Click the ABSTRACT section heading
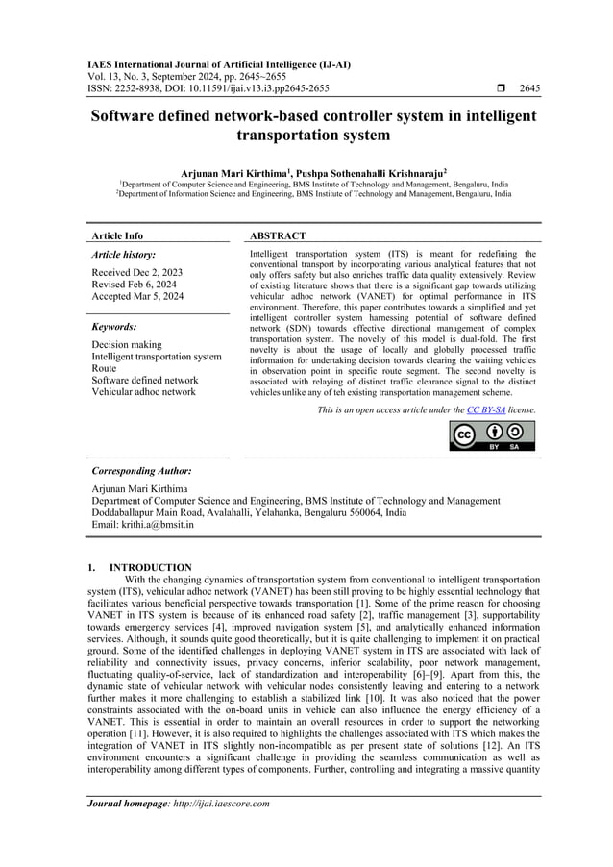click(278, 235)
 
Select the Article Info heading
click(117, 235)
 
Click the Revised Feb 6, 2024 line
click(134, 285)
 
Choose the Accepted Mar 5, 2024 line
click(137, 297)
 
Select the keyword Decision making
click(127, 344)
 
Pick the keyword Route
click(104, 368)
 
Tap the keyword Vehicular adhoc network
click(143, 391)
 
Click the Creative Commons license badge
click(492, 435)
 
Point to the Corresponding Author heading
click(141, 472)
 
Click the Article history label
click(123, 255)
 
